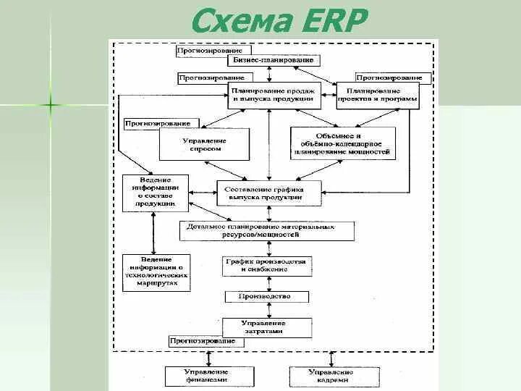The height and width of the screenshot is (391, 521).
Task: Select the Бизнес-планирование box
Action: [278, 60]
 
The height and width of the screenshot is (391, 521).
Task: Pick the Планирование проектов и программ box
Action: [377, 95]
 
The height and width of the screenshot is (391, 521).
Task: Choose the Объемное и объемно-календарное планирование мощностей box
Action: [343, 144]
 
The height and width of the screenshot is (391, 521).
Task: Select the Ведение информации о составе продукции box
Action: [155, 193]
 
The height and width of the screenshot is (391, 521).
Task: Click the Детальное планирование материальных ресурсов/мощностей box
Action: [267, 231]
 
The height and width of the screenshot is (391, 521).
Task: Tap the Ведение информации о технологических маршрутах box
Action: [156, 272]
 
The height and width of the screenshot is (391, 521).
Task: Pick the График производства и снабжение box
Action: [266, 265]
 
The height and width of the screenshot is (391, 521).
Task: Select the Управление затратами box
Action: [263, 327]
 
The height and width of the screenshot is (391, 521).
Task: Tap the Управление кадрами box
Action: [331, 376]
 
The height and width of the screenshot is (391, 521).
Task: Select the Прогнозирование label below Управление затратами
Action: [203, 340]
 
